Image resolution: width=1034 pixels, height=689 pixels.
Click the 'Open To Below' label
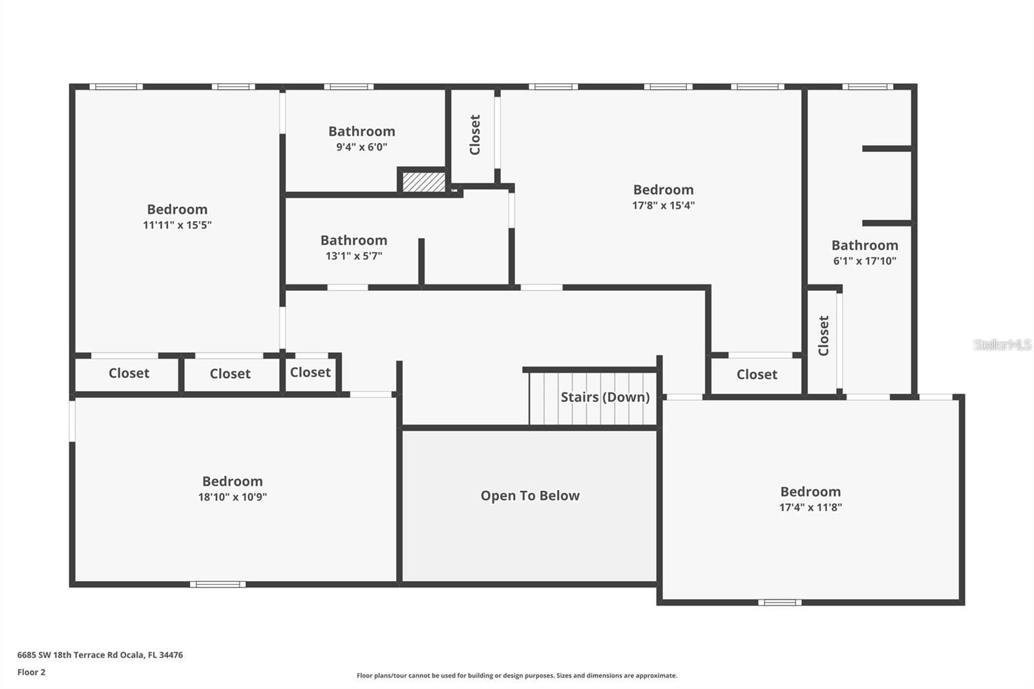click(530, 496)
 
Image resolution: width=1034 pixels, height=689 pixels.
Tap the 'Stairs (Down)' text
click(605, 397)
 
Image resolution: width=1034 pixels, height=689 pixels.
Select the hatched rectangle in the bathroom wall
click(424, 182)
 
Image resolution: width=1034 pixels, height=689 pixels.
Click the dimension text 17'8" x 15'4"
click(663, 206)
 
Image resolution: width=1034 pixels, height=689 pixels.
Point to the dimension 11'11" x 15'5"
click(177, 225)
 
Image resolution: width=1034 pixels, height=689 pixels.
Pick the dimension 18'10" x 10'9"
click(233, 497)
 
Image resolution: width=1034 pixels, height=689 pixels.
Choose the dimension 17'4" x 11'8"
click(810, 507)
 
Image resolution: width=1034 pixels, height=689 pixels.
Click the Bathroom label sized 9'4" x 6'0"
click(362, 131)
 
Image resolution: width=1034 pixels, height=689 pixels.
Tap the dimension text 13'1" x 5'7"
click(354, 256)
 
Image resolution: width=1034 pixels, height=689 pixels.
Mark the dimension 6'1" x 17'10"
click(865, 261)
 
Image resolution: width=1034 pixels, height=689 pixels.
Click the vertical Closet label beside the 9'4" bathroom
click(474, 135)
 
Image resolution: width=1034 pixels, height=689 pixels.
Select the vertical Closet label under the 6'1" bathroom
click(823, 335)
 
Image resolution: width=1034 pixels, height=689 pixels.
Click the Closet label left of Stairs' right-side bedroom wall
click(757, 374)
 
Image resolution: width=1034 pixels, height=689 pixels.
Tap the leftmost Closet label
click(129, 373)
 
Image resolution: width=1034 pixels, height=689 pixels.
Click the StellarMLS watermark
click(1002, 344)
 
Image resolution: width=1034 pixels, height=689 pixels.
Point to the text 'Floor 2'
click(32, 672)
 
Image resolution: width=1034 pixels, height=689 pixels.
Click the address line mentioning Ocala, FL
click(100, 655)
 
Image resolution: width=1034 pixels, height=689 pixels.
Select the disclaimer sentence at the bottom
click(517, 675)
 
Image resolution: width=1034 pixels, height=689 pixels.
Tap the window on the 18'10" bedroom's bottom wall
click(218, 585)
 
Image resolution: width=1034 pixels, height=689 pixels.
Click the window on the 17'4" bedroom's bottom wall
click(779, 602)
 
